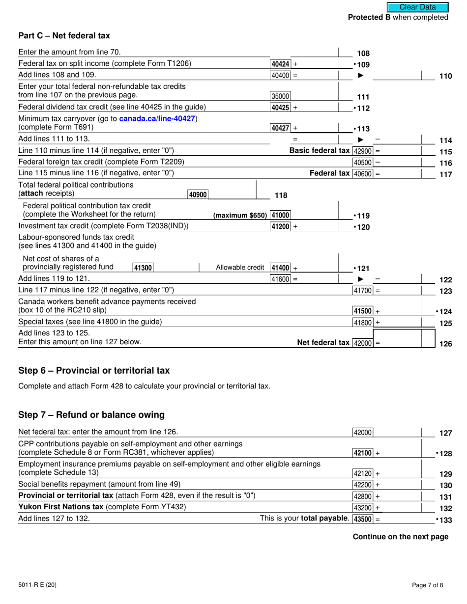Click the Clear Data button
417,7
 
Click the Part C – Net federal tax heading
64,35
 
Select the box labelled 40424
280,64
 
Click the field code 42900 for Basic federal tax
363,151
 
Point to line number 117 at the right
445,174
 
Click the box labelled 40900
198,194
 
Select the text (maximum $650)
240,216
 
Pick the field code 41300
143,268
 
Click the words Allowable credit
240,268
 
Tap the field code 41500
363,311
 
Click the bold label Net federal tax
323,343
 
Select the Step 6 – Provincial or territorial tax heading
94,370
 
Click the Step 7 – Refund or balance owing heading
91,414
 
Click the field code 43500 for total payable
363,519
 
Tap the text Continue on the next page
400,537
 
